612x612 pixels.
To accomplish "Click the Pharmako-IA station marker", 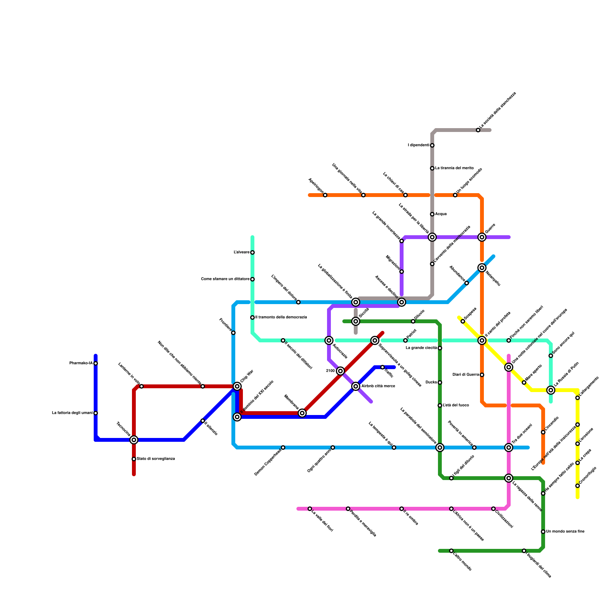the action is click(x=96, y=363).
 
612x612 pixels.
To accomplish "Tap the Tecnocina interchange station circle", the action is click(x=134, y=440).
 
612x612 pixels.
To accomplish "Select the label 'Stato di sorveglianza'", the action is click(x=156, y=459).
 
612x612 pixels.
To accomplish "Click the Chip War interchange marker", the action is click(x=237, y=386).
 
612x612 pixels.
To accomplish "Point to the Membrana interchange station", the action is click(x=302, y=413).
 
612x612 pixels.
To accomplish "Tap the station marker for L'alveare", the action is click(x=252, y=252).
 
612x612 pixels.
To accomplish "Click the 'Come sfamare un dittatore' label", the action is click(x=225, y=279).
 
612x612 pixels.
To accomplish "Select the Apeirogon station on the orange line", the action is click(x=325, y=195).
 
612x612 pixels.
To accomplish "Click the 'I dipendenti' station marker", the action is click(x=432, y=145).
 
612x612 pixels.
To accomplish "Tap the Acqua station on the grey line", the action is click(x=432, y=214).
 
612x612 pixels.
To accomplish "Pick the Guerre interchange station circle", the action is click(x=482, y=237).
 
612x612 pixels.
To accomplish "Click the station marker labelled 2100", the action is click(x=340, y=371).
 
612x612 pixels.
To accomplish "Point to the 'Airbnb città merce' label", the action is click(x=378, y=386).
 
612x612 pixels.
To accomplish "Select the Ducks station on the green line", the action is click(x=440, y=382).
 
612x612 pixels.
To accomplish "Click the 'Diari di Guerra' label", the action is click(x=466, y=375).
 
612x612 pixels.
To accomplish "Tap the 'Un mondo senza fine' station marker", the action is click(x=543, y=532).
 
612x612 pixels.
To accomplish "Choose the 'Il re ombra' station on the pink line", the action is click(x=402, y=509).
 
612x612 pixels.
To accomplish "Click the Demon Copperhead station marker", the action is click(x=283, y=448).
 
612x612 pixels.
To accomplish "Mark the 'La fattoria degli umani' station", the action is click(x=96, y=413).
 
